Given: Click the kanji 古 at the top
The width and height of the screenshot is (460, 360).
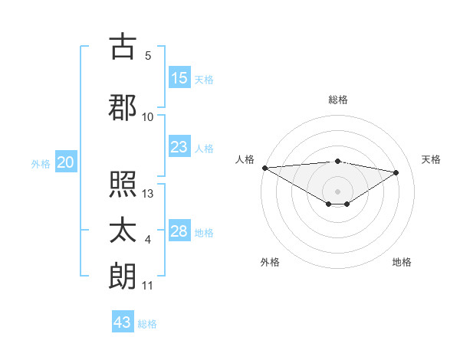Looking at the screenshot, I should (123, 47).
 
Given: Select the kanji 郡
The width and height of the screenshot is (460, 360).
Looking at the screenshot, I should (123, 107).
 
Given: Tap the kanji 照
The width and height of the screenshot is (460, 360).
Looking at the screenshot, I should (123, 185).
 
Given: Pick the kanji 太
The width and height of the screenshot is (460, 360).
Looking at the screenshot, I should (123, 231).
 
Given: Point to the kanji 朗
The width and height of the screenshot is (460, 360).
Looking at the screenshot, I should (123, 277).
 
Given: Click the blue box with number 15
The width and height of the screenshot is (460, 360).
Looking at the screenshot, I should (179, 78).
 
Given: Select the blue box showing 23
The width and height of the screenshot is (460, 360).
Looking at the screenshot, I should (179, 147).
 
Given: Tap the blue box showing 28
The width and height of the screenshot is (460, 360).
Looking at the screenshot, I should (179, 231).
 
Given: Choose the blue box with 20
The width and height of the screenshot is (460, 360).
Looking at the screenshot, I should (66, 162).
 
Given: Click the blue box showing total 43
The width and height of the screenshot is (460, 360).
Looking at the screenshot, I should (123, 322).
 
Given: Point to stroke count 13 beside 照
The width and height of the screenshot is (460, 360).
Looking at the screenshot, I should (148, 194).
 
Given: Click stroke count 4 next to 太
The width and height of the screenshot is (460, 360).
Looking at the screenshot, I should (148, 241).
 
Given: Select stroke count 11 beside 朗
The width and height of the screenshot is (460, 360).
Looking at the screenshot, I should (148, 286).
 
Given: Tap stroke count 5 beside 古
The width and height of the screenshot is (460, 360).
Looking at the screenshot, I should (147, 56).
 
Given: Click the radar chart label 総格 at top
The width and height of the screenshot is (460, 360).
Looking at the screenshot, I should (337, 100).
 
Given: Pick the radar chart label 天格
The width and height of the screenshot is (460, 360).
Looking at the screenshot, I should (432, 159).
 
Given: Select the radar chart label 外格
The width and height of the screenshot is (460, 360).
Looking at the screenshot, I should (270, 263).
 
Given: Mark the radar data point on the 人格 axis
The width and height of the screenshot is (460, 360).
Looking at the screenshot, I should (264, 168).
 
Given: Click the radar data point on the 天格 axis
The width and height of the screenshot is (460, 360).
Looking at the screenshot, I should (396, 172).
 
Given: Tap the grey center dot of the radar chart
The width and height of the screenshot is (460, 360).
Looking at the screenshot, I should (337, 191).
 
